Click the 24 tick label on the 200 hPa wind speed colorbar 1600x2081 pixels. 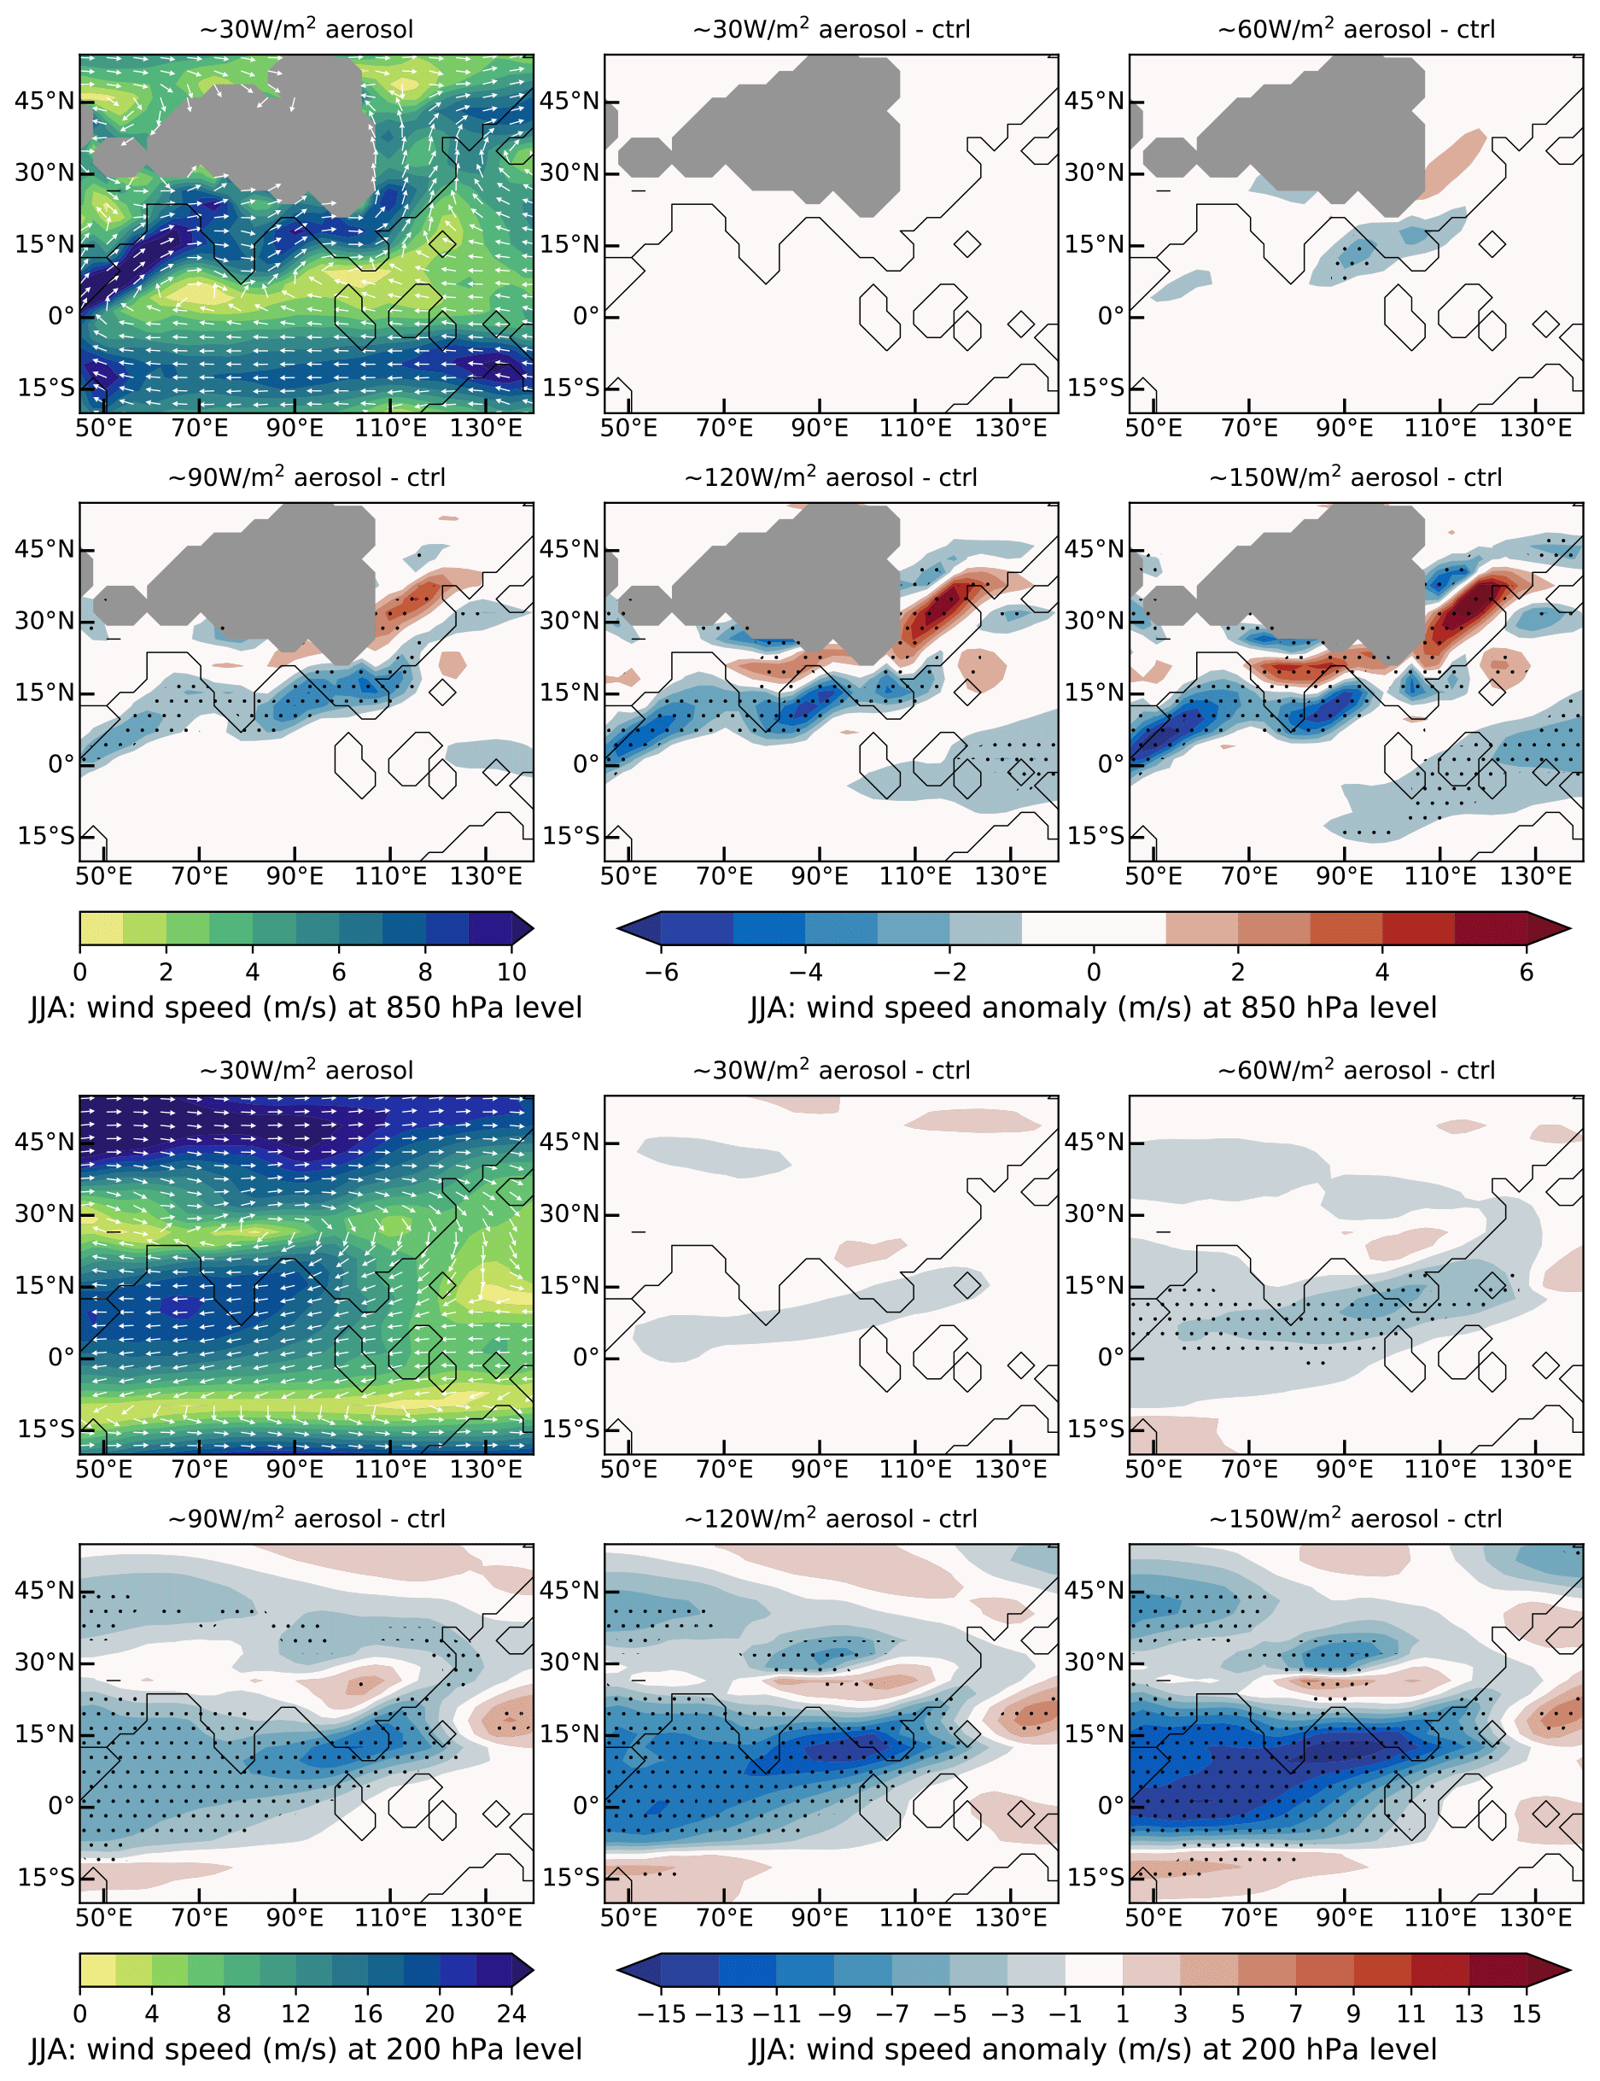511,2013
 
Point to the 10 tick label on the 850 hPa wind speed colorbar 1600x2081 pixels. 511,972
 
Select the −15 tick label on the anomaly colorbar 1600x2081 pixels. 660,2013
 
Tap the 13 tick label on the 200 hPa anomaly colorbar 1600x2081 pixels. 1469,2013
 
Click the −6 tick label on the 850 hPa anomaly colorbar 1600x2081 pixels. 661,972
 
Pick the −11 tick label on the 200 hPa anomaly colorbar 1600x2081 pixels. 775,2013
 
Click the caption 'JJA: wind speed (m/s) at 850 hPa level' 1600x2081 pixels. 306,1008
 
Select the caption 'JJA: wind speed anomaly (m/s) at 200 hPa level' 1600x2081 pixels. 1094,2049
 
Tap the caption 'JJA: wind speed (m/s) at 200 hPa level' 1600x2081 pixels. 306,2049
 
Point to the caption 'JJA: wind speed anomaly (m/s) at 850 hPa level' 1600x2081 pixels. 1094,1008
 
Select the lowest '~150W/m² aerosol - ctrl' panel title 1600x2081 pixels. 1355,1518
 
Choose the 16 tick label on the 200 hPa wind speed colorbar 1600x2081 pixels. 368,2013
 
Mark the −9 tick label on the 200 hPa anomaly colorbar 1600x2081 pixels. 833,2013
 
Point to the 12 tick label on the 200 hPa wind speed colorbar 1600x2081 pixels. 295,2013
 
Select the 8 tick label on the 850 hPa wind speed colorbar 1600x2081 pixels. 425,972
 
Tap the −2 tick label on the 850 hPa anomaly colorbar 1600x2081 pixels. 949,972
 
